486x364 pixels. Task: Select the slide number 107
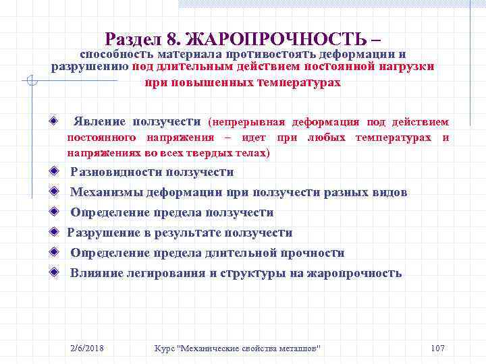tap(437, 348)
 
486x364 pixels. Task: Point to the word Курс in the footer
tap(165, 348)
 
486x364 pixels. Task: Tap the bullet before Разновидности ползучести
tap(53, 172)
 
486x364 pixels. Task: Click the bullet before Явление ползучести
tap(53, 122)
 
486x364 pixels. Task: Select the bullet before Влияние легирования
tap(53, 273)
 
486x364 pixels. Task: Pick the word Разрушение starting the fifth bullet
tap(100, 233)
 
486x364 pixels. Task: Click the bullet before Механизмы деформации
tap(53, 192)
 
